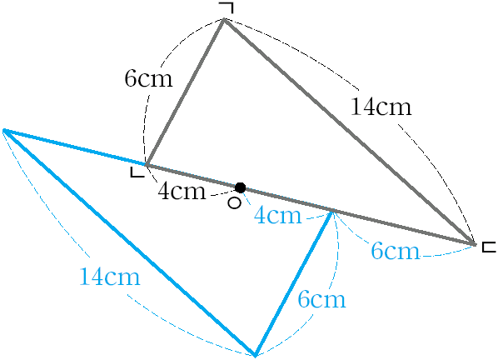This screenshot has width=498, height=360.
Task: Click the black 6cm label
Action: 148,78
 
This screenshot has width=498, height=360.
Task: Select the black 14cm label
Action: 381,107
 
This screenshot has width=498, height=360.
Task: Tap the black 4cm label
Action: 182,191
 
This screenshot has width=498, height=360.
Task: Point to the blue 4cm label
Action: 277,215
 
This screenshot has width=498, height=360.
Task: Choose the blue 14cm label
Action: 110,277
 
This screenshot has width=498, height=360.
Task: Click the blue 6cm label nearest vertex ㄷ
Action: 395,250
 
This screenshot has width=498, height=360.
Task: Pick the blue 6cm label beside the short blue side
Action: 321,299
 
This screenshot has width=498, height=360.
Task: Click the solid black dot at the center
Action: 240,187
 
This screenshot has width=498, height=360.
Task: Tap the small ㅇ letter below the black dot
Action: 235,203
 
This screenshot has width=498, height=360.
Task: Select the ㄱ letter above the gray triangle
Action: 227,8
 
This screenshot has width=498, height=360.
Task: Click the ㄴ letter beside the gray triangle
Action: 137,172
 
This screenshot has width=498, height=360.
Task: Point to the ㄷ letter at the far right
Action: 489,247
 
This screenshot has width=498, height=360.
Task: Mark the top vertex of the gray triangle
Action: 224,19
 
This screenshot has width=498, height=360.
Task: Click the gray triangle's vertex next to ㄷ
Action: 476,244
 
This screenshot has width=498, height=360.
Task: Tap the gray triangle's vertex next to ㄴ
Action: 146,165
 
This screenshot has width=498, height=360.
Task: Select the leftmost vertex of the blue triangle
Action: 4,130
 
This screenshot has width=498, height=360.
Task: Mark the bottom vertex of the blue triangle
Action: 255,355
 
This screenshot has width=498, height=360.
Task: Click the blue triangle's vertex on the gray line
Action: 333,211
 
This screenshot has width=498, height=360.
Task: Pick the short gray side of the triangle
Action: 185,92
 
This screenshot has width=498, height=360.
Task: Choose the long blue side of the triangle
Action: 129,242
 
